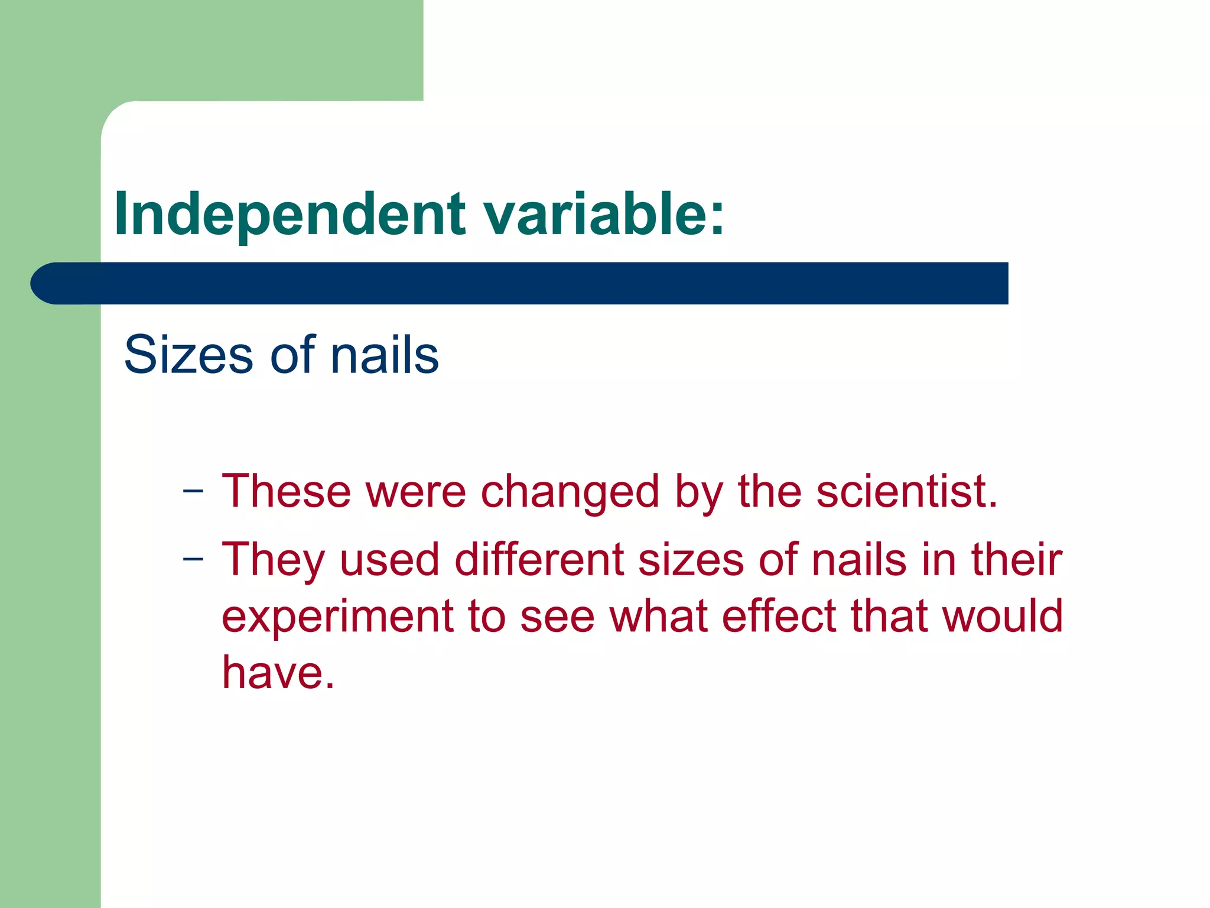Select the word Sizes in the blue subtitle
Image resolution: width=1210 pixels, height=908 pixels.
pos(188,355)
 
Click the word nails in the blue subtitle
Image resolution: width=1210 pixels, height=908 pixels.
pos(385,355)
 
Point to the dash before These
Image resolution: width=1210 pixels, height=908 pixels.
pos(193,491)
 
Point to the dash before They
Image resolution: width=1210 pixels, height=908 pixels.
pos(193,559)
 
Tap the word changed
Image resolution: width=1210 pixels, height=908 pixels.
pos(570,492)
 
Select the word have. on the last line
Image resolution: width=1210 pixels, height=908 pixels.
pos(278,672)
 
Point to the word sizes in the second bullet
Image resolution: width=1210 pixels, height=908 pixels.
pos(691,560)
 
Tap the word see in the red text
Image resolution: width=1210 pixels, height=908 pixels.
pos(557,617)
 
